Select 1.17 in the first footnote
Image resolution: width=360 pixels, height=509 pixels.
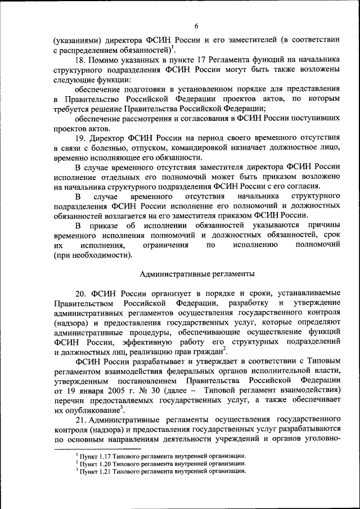(103, 456)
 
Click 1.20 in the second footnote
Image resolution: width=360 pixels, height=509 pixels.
(103, 463)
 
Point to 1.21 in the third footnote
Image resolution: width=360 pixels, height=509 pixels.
(103, 471)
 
